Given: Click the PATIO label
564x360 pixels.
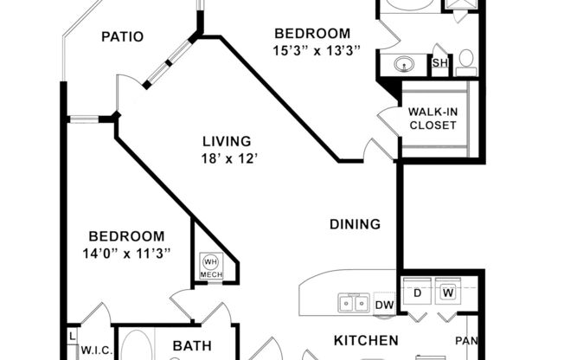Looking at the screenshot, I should tap(122, 36).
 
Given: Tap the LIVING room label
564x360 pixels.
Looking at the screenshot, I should tap(227, 141).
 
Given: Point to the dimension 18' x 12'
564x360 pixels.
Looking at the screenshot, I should tap(227, 158).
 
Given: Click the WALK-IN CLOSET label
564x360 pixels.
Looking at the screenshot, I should tap(433, 119).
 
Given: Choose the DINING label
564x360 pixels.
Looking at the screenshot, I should tap(355, 224).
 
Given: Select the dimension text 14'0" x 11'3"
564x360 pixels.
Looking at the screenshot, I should tap(126, 253).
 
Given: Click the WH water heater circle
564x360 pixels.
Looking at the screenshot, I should tap(210, 260).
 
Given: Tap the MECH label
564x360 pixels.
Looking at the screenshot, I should tap(210, 275).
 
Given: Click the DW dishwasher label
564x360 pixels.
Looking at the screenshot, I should tap(384, 305).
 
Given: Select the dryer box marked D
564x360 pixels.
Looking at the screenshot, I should tap(417, 293).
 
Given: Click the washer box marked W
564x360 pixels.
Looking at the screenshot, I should tap(449, 293).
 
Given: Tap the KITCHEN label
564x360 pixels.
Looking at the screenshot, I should tap(366, 340).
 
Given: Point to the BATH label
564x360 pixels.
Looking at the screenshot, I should tap(192, 346).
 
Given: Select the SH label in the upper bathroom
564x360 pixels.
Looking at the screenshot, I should tap(439, 63).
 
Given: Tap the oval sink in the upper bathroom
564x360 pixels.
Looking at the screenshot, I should tap(404, 63).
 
